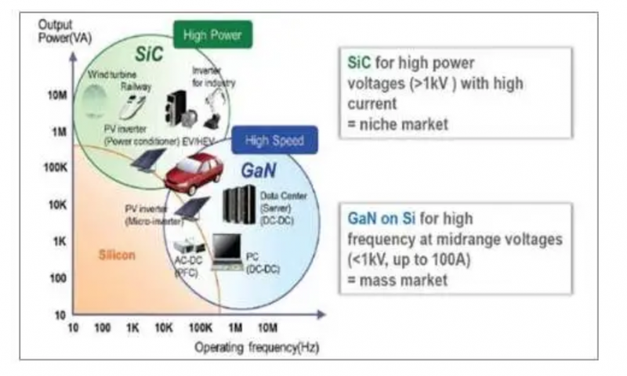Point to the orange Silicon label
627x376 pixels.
click(x=118, y=255)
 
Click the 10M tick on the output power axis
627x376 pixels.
click(x=57, y=96)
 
